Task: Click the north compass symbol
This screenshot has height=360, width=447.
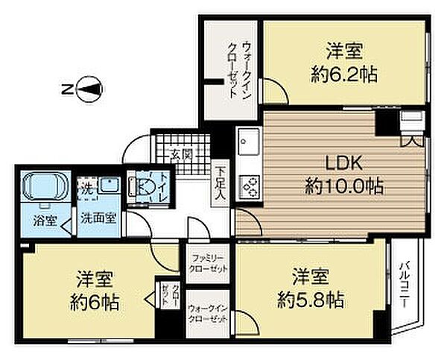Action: [88, 90]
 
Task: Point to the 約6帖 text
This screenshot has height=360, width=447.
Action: [94, 303]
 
